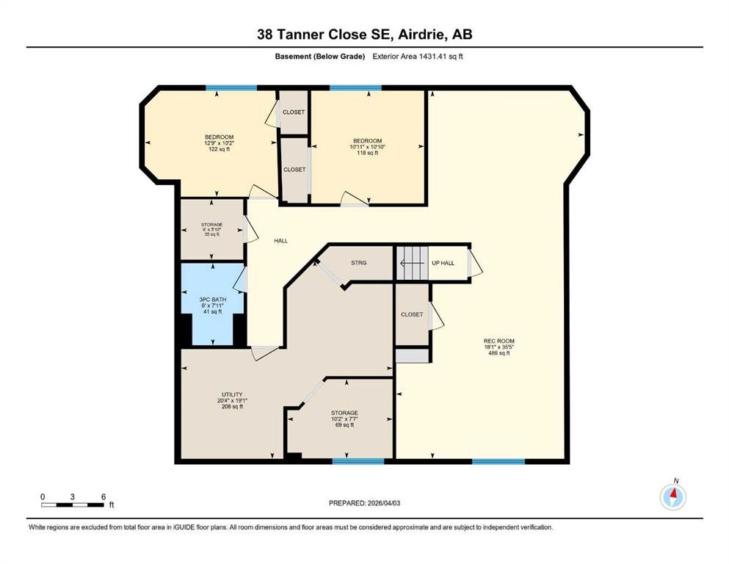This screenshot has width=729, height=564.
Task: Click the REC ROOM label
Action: [x=499, y=341]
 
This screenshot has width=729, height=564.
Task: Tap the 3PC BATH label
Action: [x=212, y=300]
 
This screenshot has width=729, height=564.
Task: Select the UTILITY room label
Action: [x=233, y=394]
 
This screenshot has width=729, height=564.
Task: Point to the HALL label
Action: [x=281, y=241]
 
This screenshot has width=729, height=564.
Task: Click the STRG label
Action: [x=358, y=263]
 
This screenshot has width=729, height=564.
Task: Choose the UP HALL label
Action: [x=443, y=263]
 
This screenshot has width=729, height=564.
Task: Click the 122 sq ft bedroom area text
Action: [x=219, y=149]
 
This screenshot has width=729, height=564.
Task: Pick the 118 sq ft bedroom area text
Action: [x=367, y=153]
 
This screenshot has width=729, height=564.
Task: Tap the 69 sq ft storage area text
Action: [x=344, y=424]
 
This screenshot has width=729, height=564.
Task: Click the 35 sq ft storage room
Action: [x=211, y=229]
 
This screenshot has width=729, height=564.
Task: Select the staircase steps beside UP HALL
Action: [x=412, y=263]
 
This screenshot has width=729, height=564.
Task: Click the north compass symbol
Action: [x=672, y=496]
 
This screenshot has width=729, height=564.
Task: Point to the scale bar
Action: [x=73, y=505]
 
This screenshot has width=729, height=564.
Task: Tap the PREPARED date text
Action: [x=364, y=503]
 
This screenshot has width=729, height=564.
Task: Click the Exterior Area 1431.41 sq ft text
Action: [x=418, y=57]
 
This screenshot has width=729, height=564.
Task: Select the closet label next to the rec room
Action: [x=412, y=314]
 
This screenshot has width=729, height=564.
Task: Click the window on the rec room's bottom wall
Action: [x=498, y=461]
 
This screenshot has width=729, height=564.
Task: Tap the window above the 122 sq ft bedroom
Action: [x=231, y=88]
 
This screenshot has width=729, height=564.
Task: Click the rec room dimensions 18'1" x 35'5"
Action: [x=499, y=347]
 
